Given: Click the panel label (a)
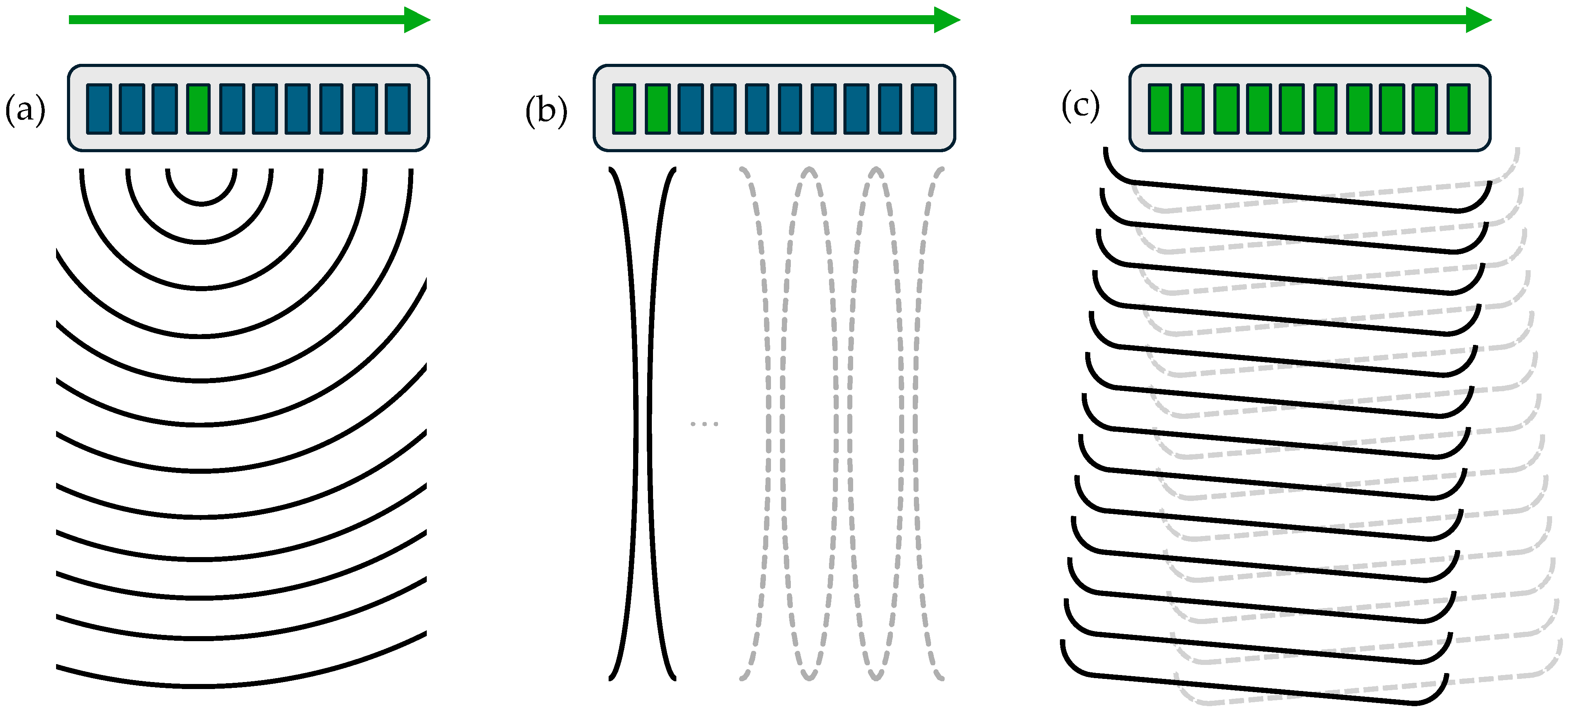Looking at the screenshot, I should [x=25, y=110].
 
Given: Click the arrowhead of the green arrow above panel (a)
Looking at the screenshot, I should [x=417, y=20].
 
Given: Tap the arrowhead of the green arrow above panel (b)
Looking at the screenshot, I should [x=947, y=20].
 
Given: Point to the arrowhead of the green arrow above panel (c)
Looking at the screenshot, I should [x=1478, y=20].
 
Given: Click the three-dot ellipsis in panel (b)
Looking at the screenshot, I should [x=704, y=423].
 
